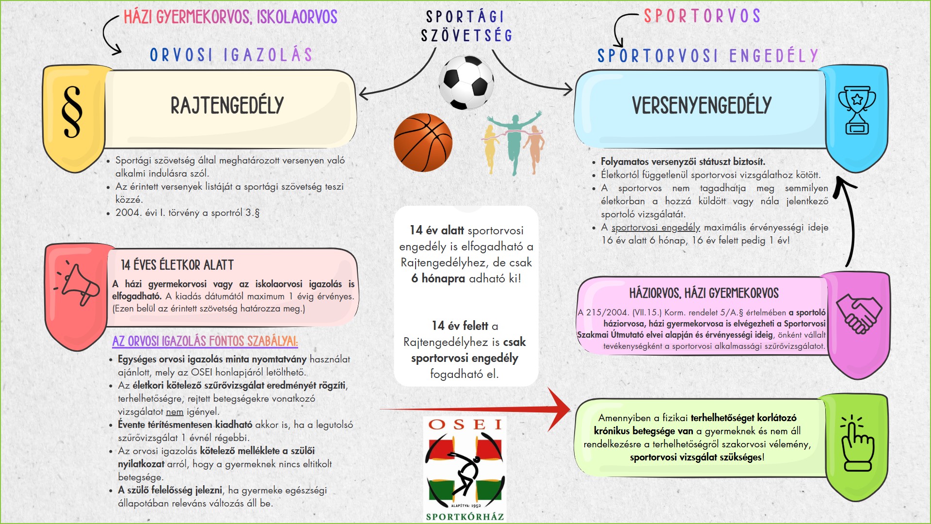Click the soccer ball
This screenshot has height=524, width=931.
click(466, 82)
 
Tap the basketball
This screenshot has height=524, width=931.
click(423, 143)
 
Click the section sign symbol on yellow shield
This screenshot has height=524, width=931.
click(72, 113)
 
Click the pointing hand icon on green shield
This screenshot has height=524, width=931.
click(856, 443)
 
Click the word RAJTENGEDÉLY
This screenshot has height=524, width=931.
click(227, 106)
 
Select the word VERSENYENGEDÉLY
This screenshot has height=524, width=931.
click(701, 106)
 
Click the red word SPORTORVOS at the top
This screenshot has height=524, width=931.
click(702, 16)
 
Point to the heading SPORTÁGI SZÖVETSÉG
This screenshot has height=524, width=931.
click(466, 26)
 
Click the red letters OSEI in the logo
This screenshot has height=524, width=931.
click(465, 425)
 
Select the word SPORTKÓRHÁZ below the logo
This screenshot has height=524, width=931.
click(465, 517)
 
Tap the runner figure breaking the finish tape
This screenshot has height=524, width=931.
click(514, 141)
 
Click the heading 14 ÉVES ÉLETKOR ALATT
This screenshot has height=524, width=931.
click(177, 265)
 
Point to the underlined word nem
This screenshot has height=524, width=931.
click(175, 412)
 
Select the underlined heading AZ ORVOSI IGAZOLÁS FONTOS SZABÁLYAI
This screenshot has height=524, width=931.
click(205, 342)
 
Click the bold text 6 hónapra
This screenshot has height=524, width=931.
click(438, 278)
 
